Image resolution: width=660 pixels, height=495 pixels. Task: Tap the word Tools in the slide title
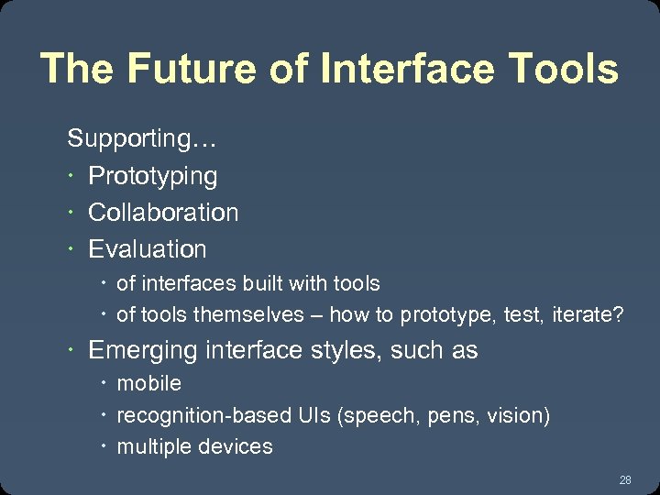point(564,70)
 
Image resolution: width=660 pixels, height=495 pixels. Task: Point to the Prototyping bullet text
point(152,176)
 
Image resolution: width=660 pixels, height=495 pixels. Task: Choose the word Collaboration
point(163,213)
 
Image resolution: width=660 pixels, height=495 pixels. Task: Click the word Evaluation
point(148,249)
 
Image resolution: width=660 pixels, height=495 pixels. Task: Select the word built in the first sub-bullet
point(262,284)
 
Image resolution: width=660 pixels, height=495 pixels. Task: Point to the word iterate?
point(588,315)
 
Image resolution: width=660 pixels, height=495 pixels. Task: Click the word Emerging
point(143,351)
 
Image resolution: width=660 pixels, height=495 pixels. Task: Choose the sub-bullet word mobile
point(149,383)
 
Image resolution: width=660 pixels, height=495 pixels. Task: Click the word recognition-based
point(191,416)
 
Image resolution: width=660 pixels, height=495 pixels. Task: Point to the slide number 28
point(625,480)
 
